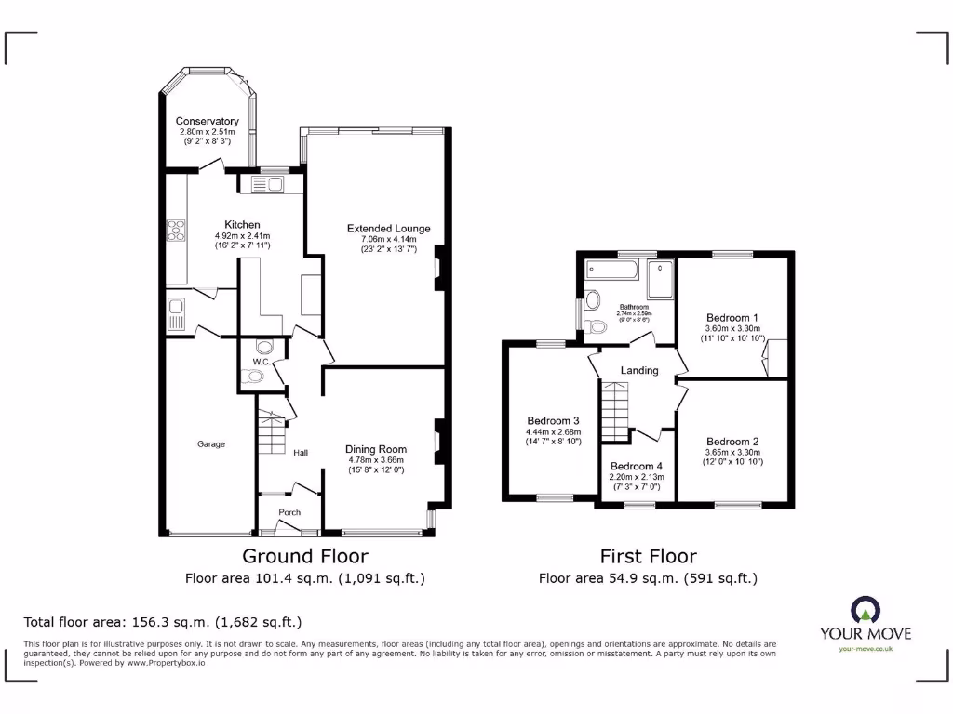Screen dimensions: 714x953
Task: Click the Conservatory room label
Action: (x=207, y=122)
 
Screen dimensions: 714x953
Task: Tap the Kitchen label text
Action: (x=242, y=225)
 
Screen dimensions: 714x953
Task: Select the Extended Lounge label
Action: (x=388, y=229)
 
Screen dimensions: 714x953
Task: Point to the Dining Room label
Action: (x=377, y=447)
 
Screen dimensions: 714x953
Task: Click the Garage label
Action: (x=210, y=444)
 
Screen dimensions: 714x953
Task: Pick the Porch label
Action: (x=289, y=512)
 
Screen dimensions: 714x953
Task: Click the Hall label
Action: (x=301, y=454)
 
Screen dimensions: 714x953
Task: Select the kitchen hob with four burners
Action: (x=176, y=230)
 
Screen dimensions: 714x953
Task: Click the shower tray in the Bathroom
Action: (x=660, y=279)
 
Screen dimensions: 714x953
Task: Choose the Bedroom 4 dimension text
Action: (x=636, y=482)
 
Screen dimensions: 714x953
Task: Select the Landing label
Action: (x=639, y=370)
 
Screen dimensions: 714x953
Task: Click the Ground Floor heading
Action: (x=305, y=556)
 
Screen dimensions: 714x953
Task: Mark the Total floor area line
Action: (x=162, y=622)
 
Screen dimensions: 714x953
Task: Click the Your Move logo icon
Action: (x=865, y=610)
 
